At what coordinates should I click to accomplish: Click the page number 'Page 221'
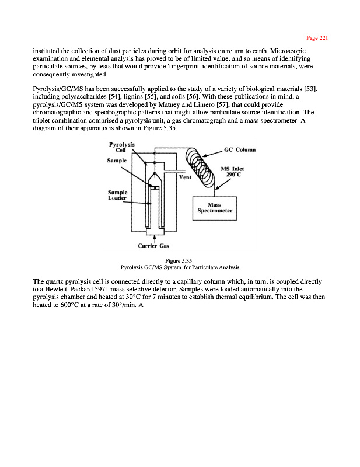point(319,38)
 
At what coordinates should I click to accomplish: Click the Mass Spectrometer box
point(214,208)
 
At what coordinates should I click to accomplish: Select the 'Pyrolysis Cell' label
point(122,147)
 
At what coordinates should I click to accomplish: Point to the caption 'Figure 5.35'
point(180,261)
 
